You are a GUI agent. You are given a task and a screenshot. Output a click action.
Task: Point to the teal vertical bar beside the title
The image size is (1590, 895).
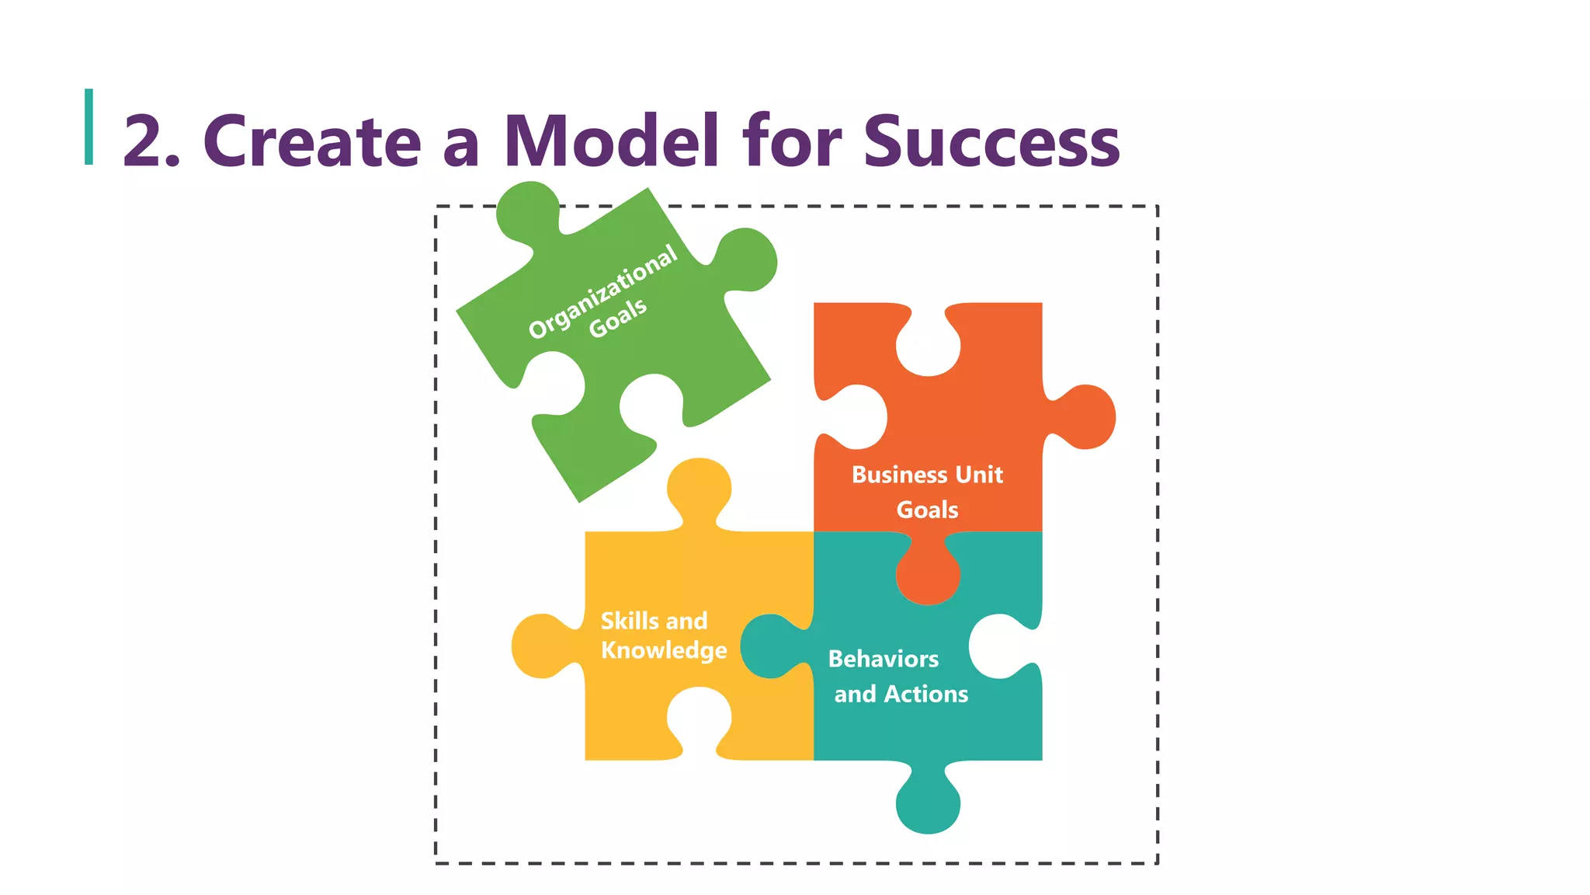point(89,127)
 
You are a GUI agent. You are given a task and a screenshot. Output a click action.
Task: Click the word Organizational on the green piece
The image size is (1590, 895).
point(602,291)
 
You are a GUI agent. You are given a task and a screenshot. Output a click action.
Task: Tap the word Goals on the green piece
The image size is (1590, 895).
point(618,317)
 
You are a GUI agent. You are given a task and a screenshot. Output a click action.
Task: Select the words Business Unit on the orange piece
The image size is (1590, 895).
point(927,474)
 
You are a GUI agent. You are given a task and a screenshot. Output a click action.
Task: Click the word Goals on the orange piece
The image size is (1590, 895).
point(927,510)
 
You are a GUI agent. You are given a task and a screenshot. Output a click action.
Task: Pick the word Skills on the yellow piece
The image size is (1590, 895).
point(630,621)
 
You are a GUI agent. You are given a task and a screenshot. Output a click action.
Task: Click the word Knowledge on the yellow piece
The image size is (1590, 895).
point(664,649)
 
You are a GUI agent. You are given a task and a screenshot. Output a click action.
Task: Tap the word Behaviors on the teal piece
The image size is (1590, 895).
point(884,659)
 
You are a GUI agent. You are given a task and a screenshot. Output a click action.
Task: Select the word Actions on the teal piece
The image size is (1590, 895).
point(926,694)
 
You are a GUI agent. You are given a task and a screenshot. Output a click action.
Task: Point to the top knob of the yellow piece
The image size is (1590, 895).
point(699,488)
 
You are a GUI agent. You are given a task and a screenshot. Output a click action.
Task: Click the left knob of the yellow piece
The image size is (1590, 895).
point(540,646)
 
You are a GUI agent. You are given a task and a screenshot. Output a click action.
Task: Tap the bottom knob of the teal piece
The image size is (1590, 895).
point(928,804)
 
